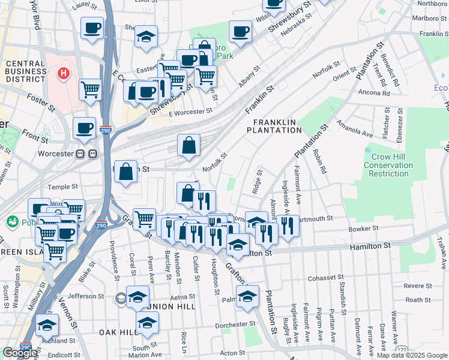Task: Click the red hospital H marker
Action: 62,74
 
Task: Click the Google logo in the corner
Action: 20,353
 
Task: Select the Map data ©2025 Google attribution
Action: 412,355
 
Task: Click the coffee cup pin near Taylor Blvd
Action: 92,28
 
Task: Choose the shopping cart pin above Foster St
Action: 90,90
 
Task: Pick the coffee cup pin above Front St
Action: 84,128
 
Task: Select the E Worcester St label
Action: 190,112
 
